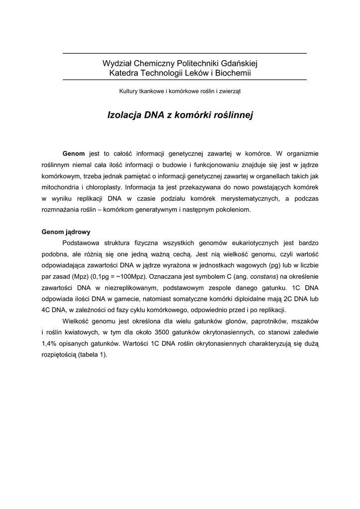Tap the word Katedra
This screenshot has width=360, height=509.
(x=124, y=73)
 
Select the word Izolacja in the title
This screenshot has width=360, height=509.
(x=124, y=115)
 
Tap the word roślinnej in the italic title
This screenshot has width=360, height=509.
(x=234, y=115)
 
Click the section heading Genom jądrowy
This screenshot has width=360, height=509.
(x=66, y=232)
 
